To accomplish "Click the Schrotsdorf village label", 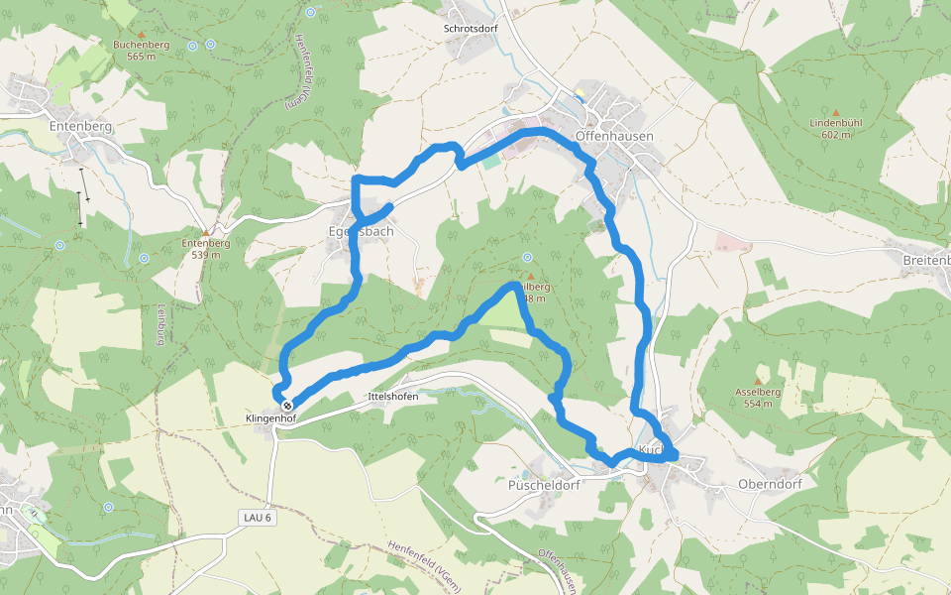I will click(470, 29).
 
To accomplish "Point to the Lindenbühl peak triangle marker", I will click(836, 112).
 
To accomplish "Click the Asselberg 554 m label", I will click(759, 398).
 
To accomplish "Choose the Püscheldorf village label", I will click(543, 485).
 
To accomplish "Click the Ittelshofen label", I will click(392, 397).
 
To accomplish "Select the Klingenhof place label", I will click(270, 419).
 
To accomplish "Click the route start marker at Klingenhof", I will click(287, 406).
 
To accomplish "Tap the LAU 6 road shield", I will click(256, 518).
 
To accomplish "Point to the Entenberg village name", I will click(80, 127).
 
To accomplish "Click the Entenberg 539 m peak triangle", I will click(207, 231).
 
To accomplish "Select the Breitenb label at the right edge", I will click(926, 260).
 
